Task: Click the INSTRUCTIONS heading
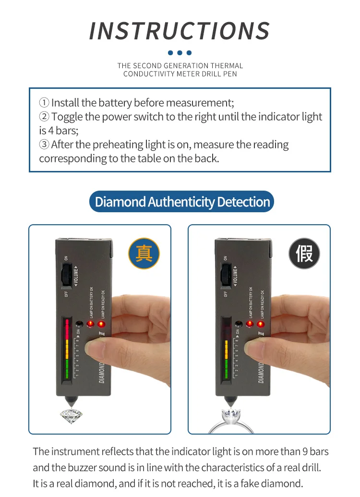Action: [180, 31]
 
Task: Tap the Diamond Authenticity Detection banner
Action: [182, 202]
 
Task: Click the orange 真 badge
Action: [144, 253]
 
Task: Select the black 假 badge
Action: [304, 253]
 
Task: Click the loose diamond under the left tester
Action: [71, 415]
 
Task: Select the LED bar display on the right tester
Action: [226, 348]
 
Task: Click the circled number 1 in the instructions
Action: [44, 103]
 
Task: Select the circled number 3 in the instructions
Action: [44, 145]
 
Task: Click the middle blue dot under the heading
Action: [180, 53]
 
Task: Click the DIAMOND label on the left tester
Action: [102, 373]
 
